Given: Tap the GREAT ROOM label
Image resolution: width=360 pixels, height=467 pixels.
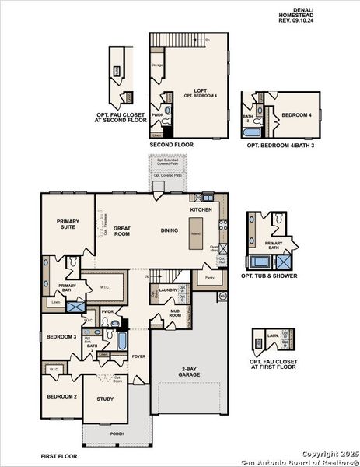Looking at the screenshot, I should coord(122,231).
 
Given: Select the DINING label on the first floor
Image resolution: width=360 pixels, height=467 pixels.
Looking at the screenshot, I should coord(170,230).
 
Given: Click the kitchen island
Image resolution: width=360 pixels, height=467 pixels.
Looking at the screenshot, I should coord(196,233).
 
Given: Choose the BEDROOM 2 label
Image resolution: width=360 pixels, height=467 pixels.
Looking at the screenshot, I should coord(61,396).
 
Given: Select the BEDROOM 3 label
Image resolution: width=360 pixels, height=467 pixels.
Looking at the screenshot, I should coord(61,336).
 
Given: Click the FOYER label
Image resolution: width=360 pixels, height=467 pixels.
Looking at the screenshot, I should coord(138,356).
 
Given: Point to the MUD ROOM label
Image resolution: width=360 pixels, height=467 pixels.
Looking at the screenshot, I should coord(175,313).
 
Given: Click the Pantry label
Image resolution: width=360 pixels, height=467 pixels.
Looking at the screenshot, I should coord(208,277).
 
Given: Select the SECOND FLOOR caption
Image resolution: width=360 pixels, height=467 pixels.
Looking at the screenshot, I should coord(171,145).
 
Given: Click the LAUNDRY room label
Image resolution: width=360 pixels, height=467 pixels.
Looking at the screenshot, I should coord(168,290).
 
